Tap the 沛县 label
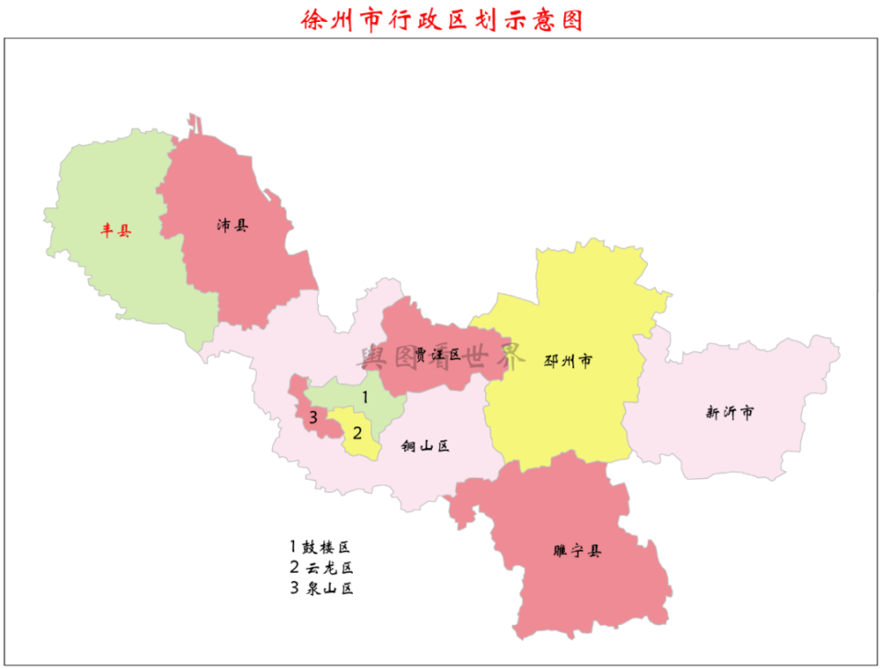click(232, 225)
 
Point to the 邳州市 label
click(568, 361)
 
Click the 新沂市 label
click(729, 413)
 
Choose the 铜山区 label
click(425, 447)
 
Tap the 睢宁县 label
click(578, 552)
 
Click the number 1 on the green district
click(365, 397)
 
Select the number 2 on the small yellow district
click(358, 431)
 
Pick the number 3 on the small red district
click(313, 418)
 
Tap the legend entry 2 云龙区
click(321, 567)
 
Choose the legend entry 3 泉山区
click(321, 588)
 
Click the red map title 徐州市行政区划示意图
click(442, 19)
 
